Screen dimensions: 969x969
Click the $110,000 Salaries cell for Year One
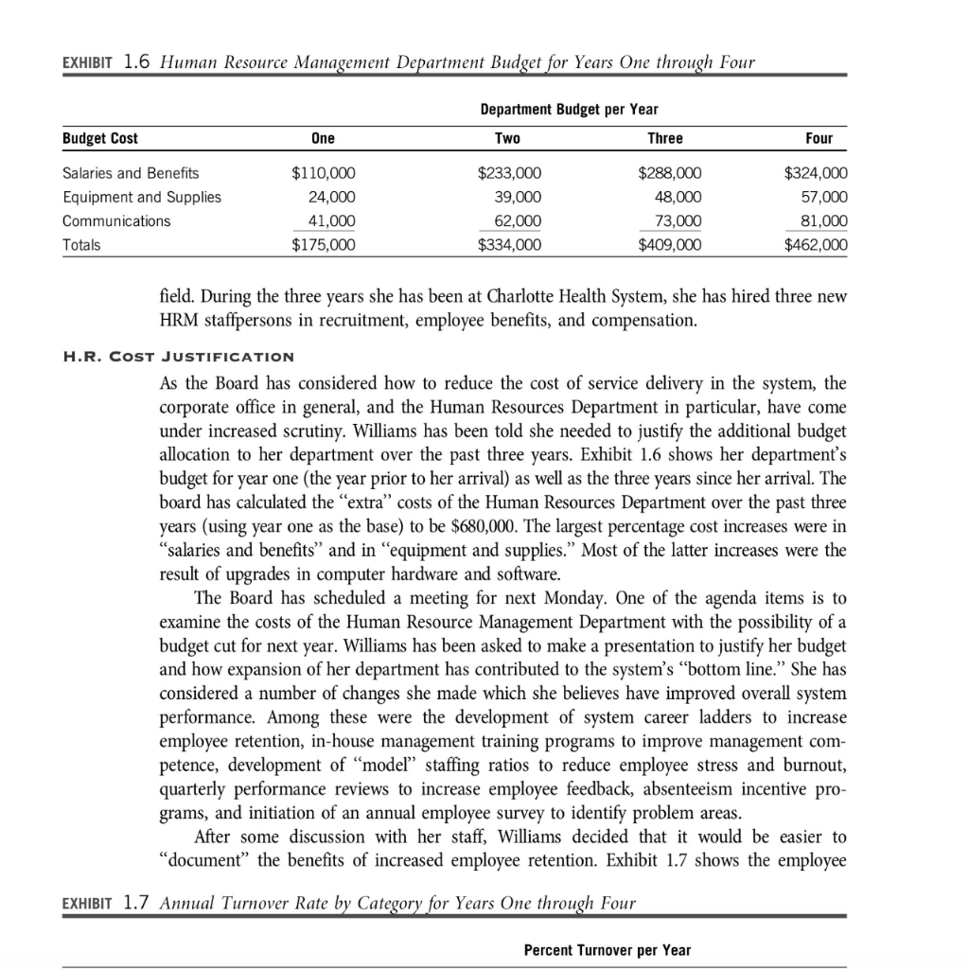[322, 173]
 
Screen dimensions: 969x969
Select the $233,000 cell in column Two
[510, 173]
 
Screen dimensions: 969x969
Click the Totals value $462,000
[817, 245]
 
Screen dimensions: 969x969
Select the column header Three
[664, 138]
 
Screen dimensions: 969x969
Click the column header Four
[819, 138]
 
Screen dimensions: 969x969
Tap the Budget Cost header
[99, 138]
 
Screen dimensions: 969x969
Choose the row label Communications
[116, 221]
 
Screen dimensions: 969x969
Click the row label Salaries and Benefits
[131, 173]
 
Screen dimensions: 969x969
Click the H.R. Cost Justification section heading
[177, 357]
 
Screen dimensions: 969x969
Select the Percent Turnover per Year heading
[607, 950]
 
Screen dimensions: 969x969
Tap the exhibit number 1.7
[138, 902]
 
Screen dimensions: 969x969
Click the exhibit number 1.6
[138, 62]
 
